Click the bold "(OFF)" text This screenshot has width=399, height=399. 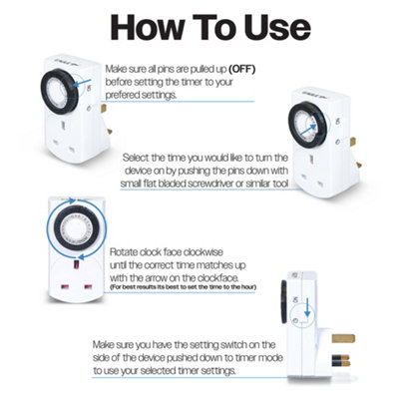click(241, 70)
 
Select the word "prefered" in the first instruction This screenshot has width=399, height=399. click(123, 95)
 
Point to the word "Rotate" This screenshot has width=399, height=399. click(124, 252)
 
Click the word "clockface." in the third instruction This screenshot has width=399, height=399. click(217, 277)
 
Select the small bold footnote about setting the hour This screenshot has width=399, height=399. click(183, 287)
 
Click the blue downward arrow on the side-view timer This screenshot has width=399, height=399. click(307, 307)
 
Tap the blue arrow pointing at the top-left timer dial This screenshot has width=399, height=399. click(81, 83)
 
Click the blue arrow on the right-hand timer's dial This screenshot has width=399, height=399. click(306, 130)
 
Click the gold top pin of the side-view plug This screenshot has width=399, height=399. click(343, 338)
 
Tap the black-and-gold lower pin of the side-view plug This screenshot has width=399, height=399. click(340, 361)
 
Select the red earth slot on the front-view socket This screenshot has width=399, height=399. click(76, 265)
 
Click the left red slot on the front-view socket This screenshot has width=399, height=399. click(63, 286)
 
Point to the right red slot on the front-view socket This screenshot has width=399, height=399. click(88, 286)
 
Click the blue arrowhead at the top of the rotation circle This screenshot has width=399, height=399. click(72, 200)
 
